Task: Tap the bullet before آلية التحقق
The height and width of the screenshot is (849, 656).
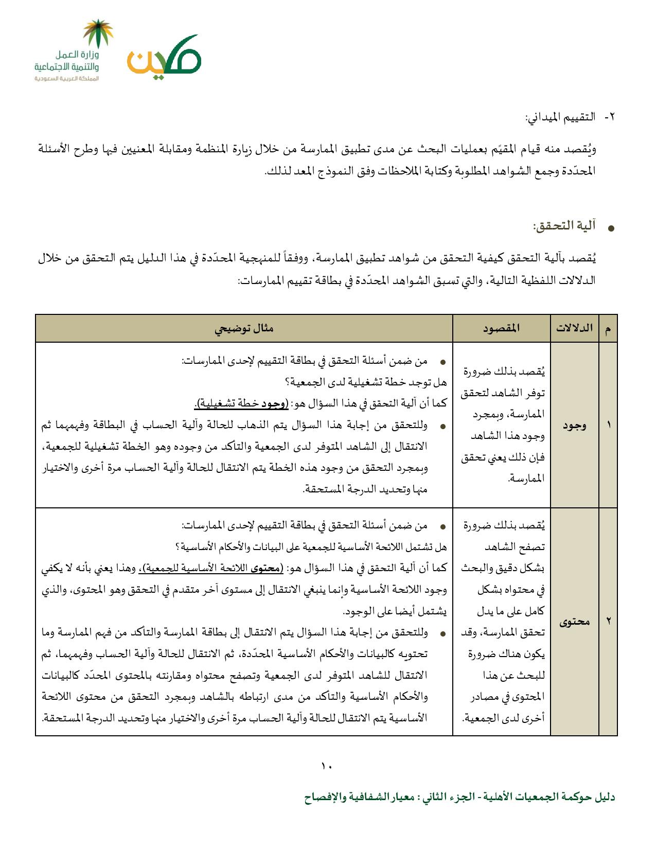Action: tap(611, 228)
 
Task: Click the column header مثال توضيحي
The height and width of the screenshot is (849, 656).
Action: tap(244, 328)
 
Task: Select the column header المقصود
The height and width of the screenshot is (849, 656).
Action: tap(501, 328)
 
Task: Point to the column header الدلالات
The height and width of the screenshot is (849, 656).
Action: tap(574, 328)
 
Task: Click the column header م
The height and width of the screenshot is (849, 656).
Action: tap(608, 328)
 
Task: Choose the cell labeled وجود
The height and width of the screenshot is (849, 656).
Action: tap(574, 425)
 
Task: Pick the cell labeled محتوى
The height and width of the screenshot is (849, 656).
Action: tap(574, 622)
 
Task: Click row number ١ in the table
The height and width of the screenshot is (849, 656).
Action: tap(608, 425)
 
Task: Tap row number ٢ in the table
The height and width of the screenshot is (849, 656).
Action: tap(608, 622)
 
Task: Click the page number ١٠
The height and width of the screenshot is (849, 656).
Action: tap(327, 767)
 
